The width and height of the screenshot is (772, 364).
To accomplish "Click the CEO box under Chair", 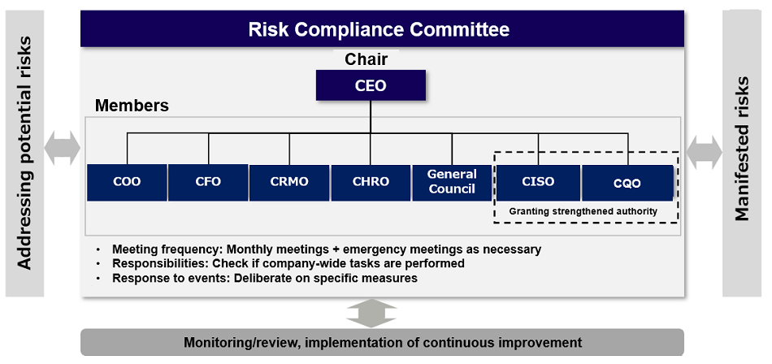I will click(371, 85).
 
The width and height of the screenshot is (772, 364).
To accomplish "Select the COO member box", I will click(127, 182).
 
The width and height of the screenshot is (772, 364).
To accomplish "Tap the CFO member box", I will click(208, 182).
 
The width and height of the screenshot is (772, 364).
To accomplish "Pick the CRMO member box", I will click(289, 182).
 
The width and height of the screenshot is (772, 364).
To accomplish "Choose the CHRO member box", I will click(371, 182).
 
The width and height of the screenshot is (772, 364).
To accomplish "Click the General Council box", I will click(452, 182).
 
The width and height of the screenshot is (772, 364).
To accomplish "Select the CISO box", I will click(538, 182).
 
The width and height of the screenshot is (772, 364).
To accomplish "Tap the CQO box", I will click(627, 183).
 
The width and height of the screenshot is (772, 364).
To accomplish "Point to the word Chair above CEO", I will click(366, 59).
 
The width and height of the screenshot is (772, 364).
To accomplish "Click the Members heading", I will click(132, 106).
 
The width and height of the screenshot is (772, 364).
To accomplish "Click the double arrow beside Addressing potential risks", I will click(63, 148).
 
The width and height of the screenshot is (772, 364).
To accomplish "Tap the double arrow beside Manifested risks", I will click(704, 151).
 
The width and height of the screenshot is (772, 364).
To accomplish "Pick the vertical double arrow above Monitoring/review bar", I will click(371, 313).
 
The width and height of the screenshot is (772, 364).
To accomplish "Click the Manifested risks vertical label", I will click(742, 149).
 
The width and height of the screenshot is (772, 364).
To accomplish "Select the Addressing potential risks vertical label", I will click(25, 153).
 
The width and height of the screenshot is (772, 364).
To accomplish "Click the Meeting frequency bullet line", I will click(325, 249).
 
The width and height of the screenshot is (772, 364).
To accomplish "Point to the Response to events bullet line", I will click(264, 278).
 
